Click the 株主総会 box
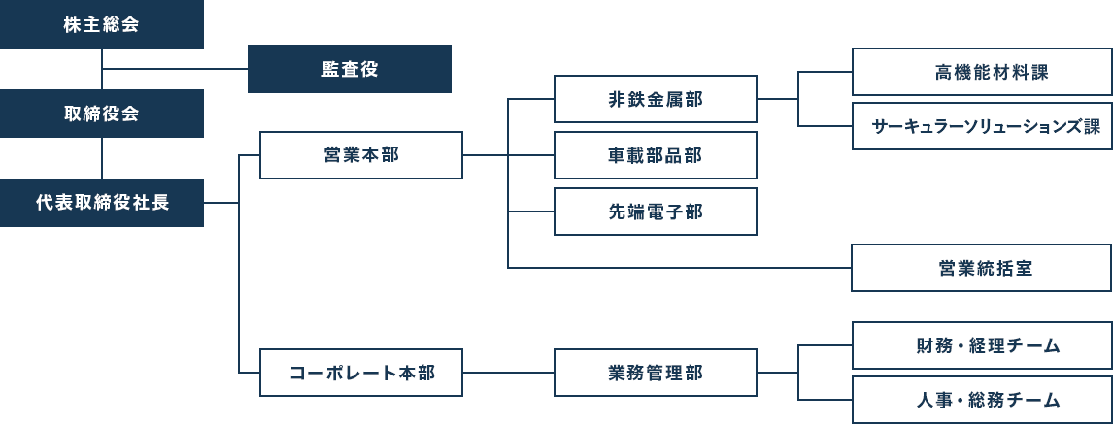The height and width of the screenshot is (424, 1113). pos(102,24)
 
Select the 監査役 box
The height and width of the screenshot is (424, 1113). pos(350,69)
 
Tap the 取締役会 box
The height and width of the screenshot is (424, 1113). pos(102,114)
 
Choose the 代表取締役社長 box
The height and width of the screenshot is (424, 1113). pos(102,203)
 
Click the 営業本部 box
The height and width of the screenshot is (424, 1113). pos(361,154)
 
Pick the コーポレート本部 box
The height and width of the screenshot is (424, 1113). pos(361,373)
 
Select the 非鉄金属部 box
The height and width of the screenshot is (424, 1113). pos(656,99)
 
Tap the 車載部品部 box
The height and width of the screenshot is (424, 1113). pos(656,154)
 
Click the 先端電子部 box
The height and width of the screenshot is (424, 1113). pos(656,212)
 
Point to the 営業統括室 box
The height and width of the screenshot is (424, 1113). pos(982,268)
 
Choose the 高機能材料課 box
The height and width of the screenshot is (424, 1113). pos(982,72)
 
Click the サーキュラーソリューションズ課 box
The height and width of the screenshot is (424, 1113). pos(982,126)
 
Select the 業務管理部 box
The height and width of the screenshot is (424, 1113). pos(656,373)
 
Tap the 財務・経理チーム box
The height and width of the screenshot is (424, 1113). pos(982,345)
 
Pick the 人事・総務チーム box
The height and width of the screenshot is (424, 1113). pos(982,400)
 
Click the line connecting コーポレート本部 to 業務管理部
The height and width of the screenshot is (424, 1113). pos(508,373)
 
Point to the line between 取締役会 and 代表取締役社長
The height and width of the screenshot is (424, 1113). pos(102,158)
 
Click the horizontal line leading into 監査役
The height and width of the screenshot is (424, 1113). pos(175,69)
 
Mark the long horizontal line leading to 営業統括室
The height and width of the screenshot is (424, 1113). pos(679,268)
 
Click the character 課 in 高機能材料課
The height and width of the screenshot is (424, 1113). pos(1040,72)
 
